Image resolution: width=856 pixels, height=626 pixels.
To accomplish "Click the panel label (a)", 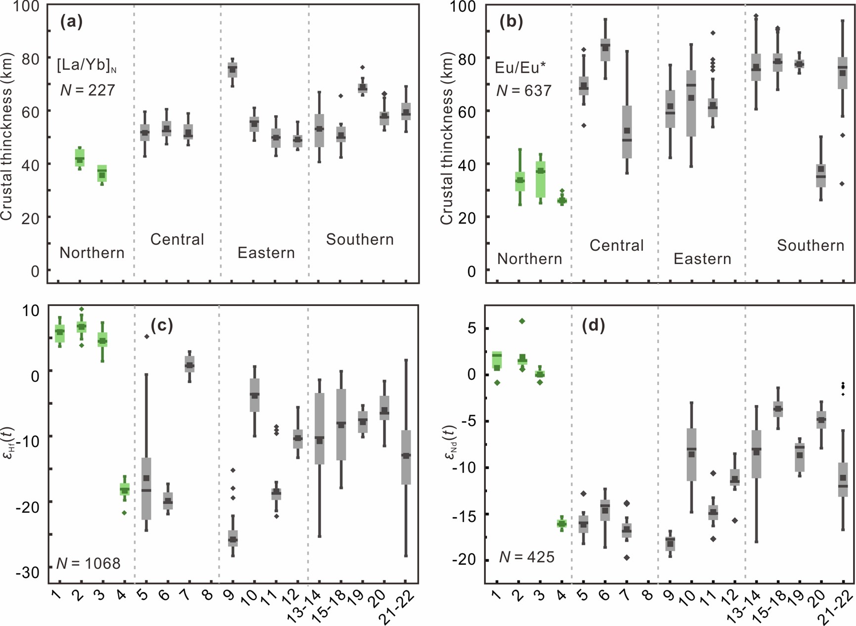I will tap(71, 22).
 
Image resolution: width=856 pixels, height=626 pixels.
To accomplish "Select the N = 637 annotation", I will tap(523, 90).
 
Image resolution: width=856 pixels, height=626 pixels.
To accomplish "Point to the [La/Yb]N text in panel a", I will tap(87, 65).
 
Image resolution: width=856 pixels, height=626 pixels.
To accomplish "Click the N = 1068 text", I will tap(88, 563).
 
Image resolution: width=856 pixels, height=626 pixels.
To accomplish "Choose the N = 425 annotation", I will tap(526, 557).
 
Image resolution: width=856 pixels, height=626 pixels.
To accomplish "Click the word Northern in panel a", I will tap(92, 253).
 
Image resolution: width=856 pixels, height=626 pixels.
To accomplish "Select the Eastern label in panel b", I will tap(702, 259).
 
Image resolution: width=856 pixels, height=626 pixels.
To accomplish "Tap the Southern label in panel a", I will tap(360, 239).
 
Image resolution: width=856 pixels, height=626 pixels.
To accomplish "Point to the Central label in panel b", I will tap(617, 245).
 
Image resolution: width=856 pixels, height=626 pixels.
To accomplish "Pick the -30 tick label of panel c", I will tap(28, 573).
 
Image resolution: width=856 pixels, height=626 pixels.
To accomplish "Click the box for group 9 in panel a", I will tap(232, 70).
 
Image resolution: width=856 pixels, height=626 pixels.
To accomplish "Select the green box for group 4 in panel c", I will tap(124, 490).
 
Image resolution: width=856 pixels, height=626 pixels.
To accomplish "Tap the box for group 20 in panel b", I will tap(821, 176).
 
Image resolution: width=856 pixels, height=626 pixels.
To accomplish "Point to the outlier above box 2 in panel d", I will tap(522, 321).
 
